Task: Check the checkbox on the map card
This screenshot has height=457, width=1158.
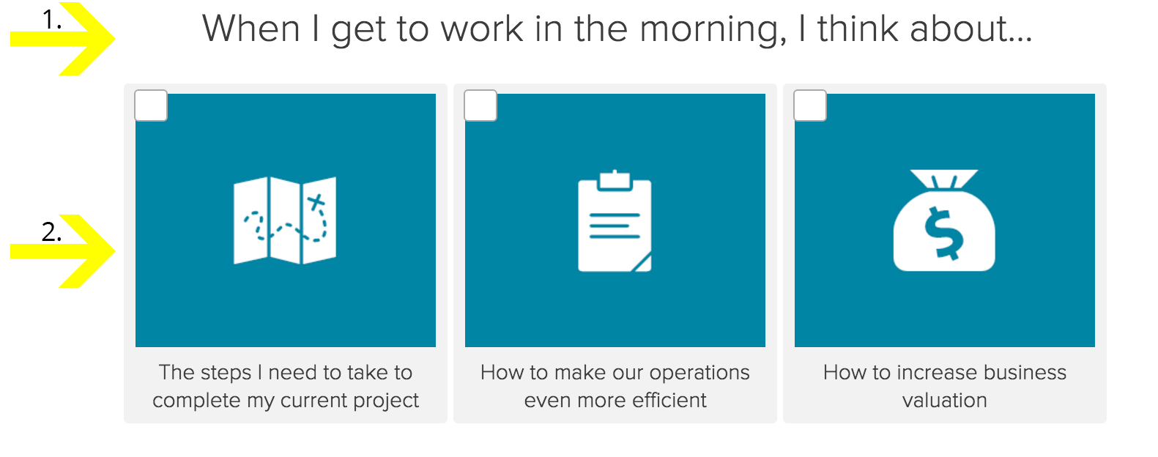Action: pyautogui.click(x=151, y=105)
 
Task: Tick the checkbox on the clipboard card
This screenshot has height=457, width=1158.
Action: pyautogui.click(x=480, y=105)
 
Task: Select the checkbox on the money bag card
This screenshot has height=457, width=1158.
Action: pyautogui.click(x=810, y=105)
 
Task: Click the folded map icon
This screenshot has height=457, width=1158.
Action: pyautogui.click(x=285, y=220)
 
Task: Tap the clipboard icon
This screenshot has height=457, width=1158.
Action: pyautogui.click(x=615, y=220)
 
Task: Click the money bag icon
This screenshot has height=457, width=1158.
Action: pyautogui.click(x=944, y=220)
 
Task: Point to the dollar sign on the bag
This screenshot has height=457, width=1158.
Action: pyautogui.click(x=944, y=233)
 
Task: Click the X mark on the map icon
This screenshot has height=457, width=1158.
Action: pyautogui.click(x=316, y=201)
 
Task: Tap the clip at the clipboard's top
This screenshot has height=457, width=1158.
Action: pyautogui.click(x=615, y=181)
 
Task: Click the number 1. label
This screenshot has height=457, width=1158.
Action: pyautogui.click(x=52, y=21)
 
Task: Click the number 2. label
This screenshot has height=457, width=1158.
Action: pyautogui.click(x=52, y=232)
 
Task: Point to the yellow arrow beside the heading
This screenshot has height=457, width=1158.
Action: pyautogui.click(x=62, y=39)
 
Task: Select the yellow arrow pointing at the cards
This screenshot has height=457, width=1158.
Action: pyautogui.click(x=62, y=251)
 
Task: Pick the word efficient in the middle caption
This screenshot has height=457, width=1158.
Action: pyautogui.click(x=669, y=400)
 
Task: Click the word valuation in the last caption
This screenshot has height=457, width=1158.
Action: pyautogui.click(x=945, y=400)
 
